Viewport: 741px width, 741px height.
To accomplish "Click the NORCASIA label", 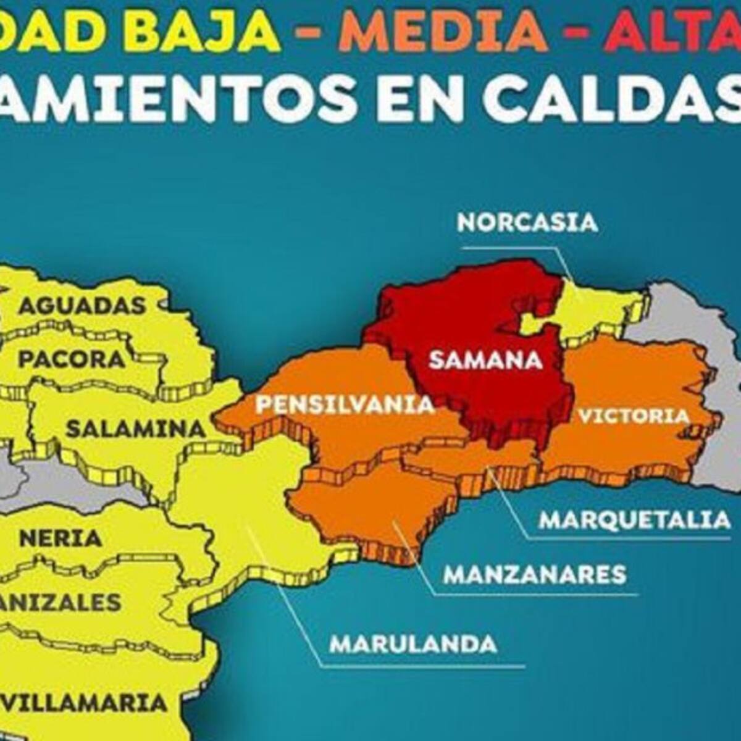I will (527, 222).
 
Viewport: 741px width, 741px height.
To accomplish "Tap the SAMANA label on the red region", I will (485, 359).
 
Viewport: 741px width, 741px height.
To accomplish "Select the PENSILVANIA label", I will (345, 405).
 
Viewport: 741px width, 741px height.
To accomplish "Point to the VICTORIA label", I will (633, 416).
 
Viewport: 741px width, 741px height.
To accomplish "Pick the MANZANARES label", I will (535, 575).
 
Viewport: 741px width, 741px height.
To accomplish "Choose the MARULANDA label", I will (413, 644).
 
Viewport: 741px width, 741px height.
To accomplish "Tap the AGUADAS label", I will (82, 305).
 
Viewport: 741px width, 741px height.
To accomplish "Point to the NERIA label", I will (61, 538).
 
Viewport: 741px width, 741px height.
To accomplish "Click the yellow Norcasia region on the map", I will (593, 306).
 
